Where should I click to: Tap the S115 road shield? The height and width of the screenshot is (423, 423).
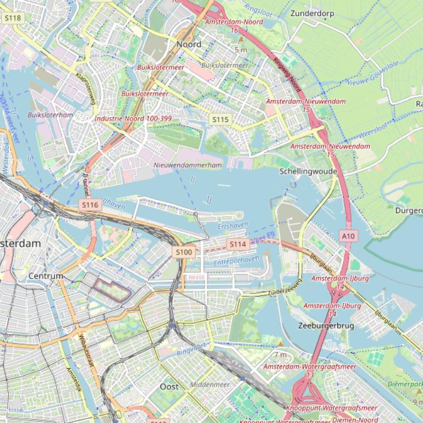pyautogui.click(x=220, y=119)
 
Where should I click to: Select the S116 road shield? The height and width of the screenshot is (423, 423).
pyautogui.click(x=90, y=205)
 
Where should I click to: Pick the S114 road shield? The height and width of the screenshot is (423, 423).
pyautogui.click(x=237, y=244)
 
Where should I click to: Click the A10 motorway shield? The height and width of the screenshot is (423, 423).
pyautogui.click(x=348, y=235)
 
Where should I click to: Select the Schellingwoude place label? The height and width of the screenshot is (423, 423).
pyautogui.click(x=308, y=171)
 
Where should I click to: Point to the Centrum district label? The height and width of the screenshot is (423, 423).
pyautogui.click(x=46, y=276)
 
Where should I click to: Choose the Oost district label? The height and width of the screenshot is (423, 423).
pyautogui.click(x=169, y=387)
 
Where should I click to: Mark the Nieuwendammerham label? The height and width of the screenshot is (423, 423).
pyautogui.click(x=188, y=165)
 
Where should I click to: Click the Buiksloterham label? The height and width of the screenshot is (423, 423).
pyautogui.click(x=50, y=115)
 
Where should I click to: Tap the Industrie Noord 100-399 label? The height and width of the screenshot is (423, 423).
pyautogui.click(x=133, y=118)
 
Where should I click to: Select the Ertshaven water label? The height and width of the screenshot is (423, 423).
pyautogui.click(x=233, y=225)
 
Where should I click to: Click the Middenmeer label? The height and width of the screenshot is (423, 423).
pyautogui.click(x=210, y=385)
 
